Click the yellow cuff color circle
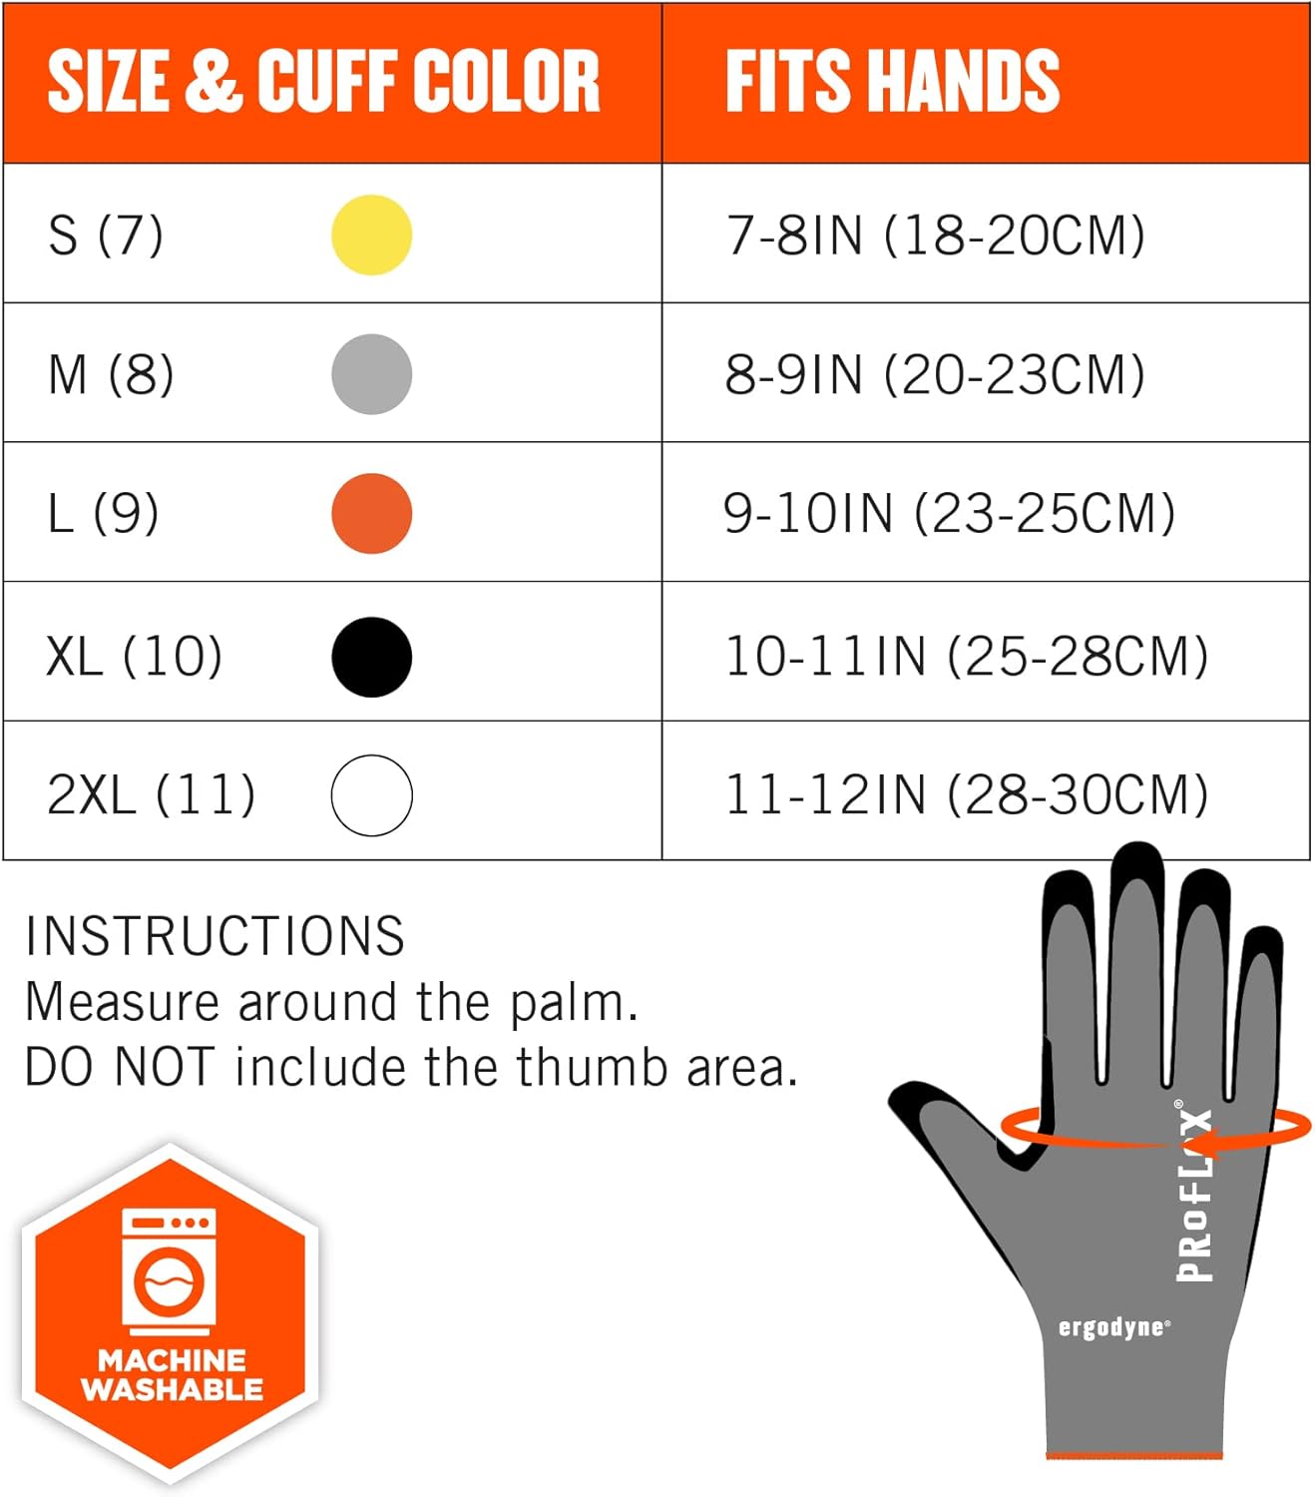coord(371,235)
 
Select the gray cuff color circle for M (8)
coord(371,374)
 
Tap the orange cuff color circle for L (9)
coord(371,513)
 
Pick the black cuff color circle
coord(371,656)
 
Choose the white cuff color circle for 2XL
coord(371,795)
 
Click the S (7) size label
coord(105,236)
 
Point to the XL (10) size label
coord(134,656)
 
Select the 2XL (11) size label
coord(151,795)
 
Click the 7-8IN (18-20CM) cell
coord(935,236)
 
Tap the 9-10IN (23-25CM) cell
coord(949,513)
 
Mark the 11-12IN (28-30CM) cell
coord(966,795)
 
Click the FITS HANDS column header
coord(892,81)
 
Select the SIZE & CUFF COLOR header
coord(323,81)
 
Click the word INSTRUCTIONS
coord(215,936)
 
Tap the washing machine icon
coord(170,1271)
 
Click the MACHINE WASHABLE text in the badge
coord(172,1374)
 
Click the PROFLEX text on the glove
coord(1195,1193)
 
